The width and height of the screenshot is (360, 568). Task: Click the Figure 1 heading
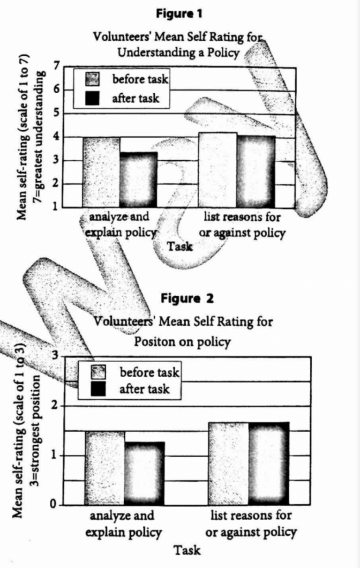pyautogui.click(x=180, y=14)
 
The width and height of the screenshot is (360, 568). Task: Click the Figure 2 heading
pyautogui.click(x=187, y=298)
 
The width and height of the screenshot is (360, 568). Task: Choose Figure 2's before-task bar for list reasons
pyautogui.click(x=229, y=463)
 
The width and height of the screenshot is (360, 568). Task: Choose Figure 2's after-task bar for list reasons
pyautogui.click(x=269, y=463)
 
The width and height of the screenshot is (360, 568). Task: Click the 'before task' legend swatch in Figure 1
pyautogui.click(x=93, y=80)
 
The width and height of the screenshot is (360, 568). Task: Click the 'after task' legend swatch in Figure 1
pyautogui.click(x=93, y=98)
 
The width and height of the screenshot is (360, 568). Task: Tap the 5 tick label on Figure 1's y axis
pyautogui.click(x=56, y=113)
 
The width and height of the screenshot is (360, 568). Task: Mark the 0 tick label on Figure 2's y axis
pyautogui.click(x=54, y=505)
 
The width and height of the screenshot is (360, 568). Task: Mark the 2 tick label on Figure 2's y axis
pyautogui.click(x=54, y=405)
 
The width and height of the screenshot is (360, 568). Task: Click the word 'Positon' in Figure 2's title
pyautogui.click(x=156, y=342)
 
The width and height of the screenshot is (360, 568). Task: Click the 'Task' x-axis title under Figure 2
pyautogui.click(x=187, y=550)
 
